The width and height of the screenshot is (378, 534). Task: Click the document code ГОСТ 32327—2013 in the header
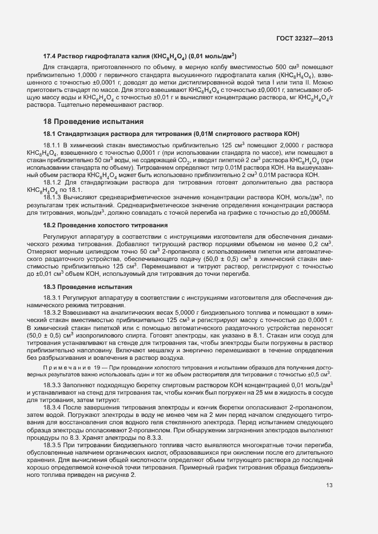[304, 39]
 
